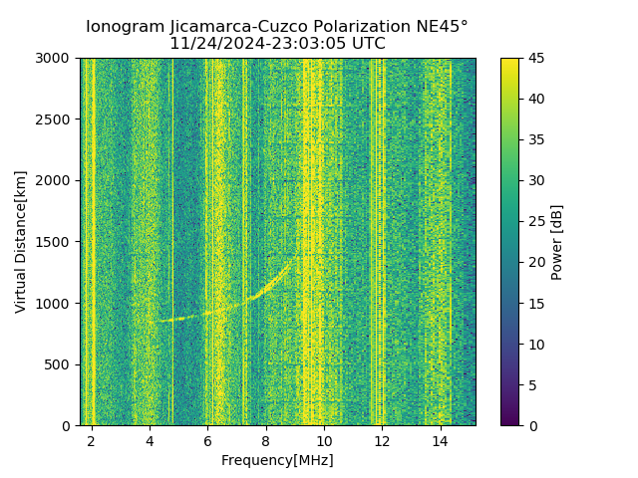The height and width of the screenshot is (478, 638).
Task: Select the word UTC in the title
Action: pyautogui.click(x=368, y=44)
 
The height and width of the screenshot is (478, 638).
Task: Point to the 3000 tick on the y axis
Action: pyautogui.click(x=56, y=59)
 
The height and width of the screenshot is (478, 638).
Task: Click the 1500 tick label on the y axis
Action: pyautogui.click(x=56, y=242)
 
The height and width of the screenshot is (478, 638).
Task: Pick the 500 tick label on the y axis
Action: pyautogui.click(x=60, y=364)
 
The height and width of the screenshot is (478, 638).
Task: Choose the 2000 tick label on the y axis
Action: pyautogui.click(x=56, y=181)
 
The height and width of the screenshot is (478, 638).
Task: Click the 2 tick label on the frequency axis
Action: pyautogui.click(x=92, y=441)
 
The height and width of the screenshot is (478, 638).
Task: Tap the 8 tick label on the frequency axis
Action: pyautogui.click(x=266, y=441)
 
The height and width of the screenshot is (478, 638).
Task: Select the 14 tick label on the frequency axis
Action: pyautogui.click(x=441, y=441)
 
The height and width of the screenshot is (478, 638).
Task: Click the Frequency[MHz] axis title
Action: pyautogui.click(x=277, y=460)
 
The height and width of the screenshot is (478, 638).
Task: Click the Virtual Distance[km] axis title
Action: pyautogui.click(x=21, y=242)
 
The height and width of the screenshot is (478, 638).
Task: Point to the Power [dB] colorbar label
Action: pyautogui.click(x=557, y=242)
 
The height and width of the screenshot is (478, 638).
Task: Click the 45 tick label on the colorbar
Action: pyautogui.click(x=536, y=59)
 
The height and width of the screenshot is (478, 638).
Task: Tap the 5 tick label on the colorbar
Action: pyautogui.click(x=533, y=384)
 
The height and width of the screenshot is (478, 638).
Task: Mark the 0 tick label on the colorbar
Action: pyautogui.click(x=533, y=425)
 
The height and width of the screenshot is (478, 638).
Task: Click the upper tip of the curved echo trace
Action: pyautogui.click(x=292, y=260)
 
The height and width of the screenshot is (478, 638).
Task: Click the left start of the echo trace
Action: pyautogui.click(x=158, y=321)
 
